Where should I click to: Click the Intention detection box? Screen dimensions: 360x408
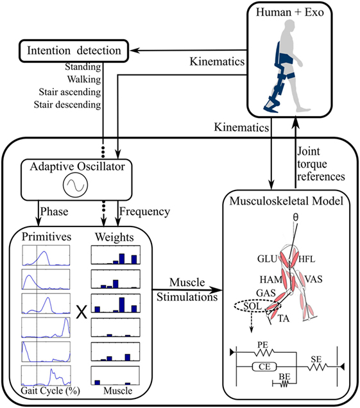click(x=74, y=51)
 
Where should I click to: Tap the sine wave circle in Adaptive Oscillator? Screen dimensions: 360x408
click(x=75, y=185)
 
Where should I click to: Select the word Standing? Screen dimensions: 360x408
click(x=83, y=67)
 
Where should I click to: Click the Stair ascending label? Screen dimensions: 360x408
click(x=70, y=92)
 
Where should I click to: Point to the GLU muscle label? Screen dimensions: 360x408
click(x=268, y=259)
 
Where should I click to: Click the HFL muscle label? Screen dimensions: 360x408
click(x=307, y=259)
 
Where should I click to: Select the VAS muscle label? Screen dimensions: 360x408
click(x=313, y=279)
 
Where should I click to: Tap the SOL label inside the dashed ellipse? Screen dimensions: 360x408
click(x=252, y=306)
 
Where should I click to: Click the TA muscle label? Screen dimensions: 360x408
click(x=284, y=318)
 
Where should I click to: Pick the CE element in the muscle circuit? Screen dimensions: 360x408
click(x=264, y=367)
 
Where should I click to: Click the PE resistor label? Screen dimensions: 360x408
click(x=262, y=344)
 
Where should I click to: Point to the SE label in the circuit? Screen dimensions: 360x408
click(x=316, y=359)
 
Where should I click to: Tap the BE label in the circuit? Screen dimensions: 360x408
click(x=284, y=377)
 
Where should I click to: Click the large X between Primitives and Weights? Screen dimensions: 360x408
click(x=81, y=312)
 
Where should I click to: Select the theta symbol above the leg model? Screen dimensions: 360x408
click(x=295, y=217)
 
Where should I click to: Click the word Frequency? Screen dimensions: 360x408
click(x=145, y=211)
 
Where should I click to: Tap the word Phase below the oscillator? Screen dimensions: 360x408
click(x=54, y=211)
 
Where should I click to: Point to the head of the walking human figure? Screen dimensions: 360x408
click(x=289, y=26)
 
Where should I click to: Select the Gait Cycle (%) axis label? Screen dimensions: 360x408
click(x=50, y=391)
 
